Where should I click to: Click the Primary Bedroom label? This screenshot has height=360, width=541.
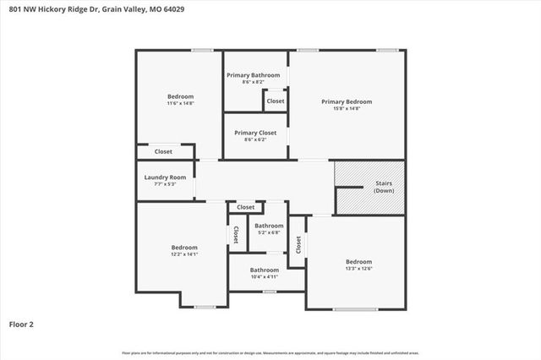(346, 101)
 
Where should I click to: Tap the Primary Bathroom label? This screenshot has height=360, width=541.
(254, 75)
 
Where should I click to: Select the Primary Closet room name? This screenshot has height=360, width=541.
(255, 133)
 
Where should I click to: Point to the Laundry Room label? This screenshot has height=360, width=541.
(165, 177)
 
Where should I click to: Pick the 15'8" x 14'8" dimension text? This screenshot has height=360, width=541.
(346, 108)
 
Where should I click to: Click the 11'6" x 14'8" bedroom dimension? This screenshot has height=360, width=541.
(180, 103)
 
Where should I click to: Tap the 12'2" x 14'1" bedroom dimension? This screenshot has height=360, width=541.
(184, 254)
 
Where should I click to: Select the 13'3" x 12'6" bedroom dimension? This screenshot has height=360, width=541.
(358, 269)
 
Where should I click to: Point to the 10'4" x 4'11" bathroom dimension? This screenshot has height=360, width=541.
(264, 276)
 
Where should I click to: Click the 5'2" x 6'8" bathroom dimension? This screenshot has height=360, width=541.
(269, 232)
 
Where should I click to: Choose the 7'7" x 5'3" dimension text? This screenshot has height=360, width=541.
(165, 183)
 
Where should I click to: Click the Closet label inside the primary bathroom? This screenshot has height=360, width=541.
(276, 101)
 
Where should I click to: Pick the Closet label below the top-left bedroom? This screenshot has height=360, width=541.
(163, 151)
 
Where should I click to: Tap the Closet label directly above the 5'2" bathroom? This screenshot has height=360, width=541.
(246, 207)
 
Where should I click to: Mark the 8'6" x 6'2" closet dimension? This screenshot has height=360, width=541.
(255, 139)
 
